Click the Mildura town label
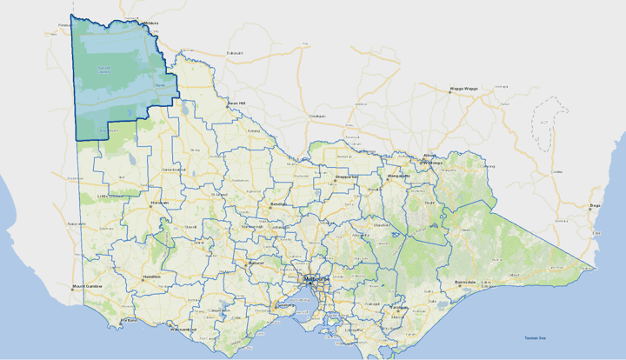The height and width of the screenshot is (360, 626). tap(151, 23)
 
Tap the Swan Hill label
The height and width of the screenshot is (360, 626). tap(236, 103)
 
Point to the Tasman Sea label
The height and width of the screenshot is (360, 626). tap(536, 338)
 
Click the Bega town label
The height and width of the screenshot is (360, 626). tap(596, 207)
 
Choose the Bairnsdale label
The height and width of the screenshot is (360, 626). tap(465, 283)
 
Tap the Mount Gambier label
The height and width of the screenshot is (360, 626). tap(88, 285)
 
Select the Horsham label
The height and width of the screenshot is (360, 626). tap(159, 203)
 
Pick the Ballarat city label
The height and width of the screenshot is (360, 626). tap(256, 263)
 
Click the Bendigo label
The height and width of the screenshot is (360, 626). tap(277, 204)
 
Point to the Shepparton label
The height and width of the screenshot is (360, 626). tap(349, 177)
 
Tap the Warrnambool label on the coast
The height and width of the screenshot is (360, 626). tap(184, 330)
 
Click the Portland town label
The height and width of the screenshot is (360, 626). tap(129, 321)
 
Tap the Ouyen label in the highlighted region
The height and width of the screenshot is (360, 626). tap(160, 84)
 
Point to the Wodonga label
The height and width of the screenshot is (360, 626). tap(431, 163)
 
